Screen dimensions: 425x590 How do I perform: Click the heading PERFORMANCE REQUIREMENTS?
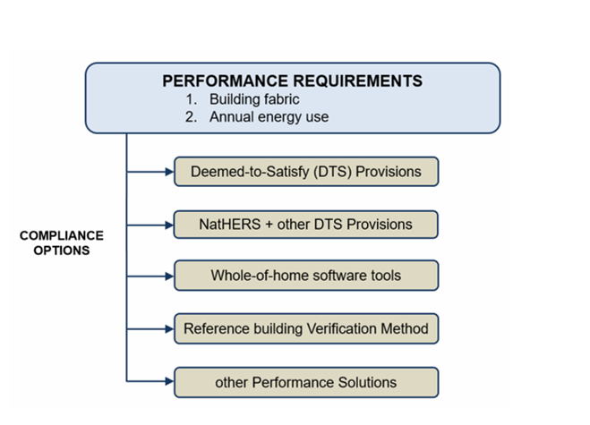(x=292, y=81)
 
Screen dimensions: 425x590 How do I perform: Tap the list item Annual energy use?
(x=269, y=116)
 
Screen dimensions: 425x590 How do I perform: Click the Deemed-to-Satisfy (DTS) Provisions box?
(x=305, y=170)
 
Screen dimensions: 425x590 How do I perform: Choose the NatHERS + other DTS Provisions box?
(x=305, y=224)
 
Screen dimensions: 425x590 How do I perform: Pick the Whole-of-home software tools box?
(x=305, y=276)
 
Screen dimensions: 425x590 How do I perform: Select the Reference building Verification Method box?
(x=305, y=328)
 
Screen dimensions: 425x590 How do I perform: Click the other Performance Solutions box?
(x=305, y=382)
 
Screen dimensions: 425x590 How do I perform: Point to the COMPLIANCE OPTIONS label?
(x=62, y=243)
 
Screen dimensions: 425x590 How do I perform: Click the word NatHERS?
(x=229, y=224)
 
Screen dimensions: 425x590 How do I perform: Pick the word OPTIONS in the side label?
(x=62, y=251)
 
